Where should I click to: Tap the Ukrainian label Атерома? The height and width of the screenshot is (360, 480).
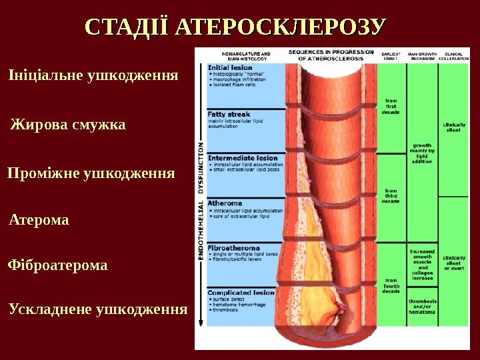39,220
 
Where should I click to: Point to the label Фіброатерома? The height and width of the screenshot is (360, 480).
57,265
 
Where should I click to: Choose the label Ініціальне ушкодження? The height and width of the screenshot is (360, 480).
93,75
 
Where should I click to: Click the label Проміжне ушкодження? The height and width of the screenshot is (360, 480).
91,174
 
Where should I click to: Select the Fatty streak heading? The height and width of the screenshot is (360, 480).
229,115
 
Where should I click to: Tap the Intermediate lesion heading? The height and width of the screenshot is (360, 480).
243,158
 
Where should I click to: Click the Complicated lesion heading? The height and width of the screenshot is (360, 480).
241,292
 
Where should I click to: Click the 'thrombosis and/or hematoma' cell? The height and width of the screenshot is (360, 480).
422,306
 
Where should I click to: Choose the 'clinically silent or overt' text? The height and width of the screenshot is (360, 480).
454,262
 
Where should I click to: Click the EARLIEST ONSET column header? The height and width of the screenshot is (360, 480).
391,56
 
